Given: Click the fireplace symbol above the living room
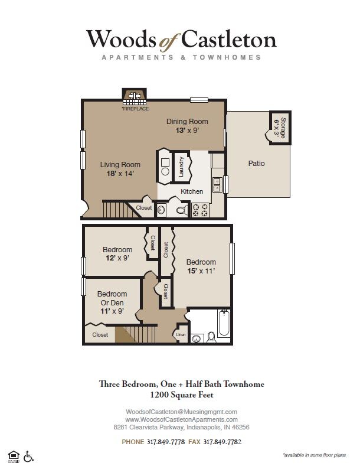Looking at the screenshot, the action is [135, 96].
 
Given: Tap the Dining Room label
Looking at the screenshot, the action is [187, 122].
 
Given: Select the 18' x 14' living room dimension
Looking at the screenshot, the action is [120, 174].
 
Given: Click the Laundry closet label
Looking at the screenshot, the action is [181, 167].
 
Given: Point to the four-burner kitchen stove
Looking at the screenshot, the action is [200, 210].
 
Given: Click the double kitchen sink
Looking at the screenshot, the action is [217, 184].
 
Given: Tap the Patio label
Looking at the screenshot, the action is [256, 163].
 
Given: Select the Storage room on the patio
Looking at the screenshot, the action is [280, 128].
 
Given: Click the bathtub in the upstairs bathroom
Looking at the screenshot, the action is [224, 323].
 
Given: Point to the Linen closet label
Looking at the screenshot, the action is [181, 335].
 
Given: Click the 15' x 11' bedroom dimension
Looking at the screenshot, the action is [201, 271].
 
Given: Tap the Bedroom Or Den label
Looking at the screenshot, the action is [112, 298].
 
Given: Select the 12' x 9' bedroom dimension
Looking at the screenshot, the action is [117, 258].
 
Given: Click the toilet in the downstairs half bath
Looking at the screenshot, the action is [182, 210].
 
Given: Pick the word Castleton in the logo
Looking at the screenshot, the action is [229, 39].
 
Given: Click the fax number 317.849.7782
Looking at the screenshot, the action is [222, 442].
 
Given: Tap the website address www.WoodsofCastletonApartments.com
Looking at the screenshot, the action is [181, 419].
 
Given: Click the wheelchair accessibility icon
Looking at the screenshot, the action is [29, 457].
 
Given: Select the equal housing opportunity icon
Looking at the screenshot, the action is [14, 457].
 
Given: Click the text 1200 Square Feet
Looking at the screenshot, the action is [182, 395].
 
